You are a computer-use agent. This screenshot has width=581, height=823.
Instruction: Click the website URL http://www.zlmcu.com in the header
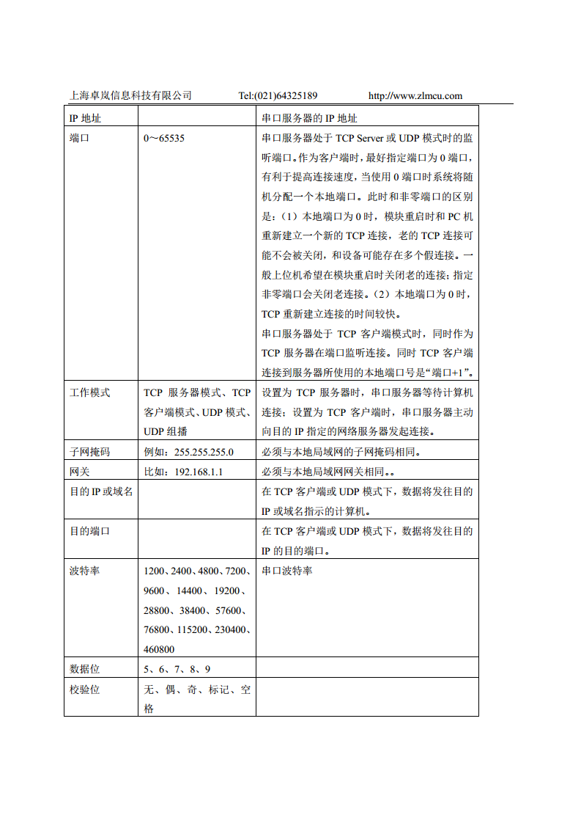coord(415,95)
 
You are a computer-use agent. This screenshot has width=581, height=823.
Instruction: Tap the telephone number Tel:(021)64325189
coord(278,95)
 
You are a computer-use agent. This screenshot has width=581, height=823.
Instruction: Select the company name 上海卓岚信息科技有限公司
coord(130,95)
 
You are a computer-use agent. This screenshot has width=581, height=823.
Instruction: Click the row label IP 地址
coord(85,118)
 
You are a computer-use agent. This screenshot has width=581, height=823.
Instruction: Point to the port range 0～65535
coord(164,138)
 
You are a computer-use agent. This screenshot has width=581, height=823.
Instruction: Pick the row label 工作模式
coord(89,392)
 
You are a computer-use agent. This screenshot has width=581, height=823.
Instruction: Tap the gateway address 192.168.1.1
coord(199,472)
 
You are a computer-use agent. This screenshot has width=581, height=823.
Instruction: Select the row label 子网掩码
coord(89,452)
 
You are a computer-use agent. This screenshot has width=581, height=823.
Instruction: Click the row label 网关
coord(79,472)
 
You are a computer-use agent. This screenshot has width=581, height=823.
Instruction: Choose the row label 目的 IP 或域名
coord(101,491)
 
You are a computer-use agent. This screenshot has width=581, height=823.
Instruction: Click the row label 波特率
coord(84,571)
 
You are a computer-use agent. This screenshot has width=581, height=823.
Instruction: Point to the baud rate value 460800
coord(159,649)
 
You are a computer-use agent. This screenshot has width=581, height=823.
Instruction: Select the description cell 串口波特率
coord(286,571)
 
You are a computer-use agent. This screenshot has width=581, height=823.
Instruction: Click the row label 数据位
coord(84,669)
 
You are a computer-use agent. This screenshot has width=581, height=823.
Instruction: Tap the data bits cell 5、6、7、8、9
coord(177,669)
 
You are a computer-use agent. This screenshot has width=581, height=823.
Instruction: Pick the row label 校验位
coord(84,690)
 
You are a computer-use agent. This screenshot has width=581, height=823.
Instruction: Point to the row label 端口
coord(79,138)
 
